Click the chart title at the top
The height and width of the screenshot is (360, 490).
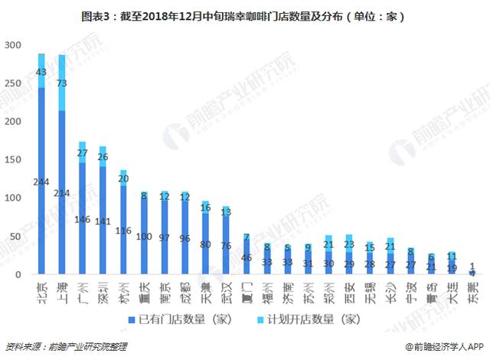(244, 15)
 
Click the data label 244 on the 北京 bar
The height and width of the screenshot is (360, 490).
(41, 182)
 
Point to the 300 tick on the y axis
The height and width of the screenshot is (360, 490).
(12, 45)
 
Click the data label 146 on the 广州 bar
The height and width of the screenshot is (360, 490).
(83, 219)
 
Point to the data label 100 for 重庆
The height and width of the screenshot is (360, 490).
(144, 237)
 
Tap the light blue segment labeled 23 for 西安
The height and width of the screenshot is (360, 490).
(349, 244)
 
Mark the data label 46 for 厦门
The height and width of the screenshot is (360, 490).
(246, 257)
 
